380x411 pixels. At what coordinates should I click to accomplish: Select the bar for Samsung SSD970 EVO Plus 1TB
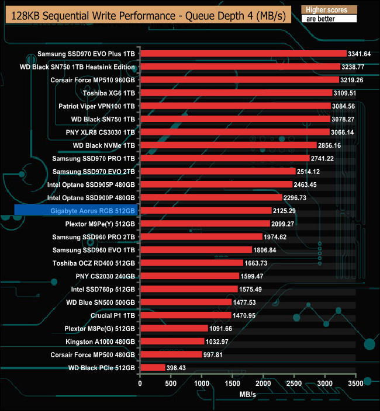tap(243, 54)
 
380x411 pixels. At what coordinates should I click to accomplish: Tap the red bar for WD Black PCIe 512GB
tap(153, 367)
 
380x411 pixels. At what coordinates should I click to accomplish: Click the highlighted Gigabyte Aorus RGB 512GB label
tap(76, 210)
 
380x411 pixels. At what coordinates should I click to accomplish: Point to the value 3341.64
tap(360, 54)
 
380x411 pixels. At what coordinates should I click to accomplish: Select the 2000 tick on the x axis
tap(263, 384)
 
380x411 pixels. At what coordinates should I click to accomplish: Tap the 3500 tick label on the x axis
tap(356, 384)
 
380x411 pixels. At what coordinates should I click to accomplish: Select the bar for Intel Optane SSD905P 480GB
tap(216, 184)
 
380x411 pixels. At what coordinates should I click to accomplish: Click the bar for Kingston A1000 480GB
tap(172, 341)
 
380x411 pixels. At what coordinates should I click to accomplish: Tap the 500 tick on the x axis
tap(171, 384)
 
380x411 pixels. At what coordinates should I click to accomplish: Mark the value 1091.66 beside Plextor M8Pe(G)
tap(221, 328)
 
